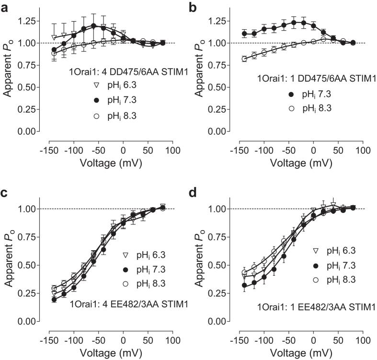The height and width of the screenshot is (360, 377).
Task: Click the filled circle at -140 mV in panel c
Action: (x=54, y=299)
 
